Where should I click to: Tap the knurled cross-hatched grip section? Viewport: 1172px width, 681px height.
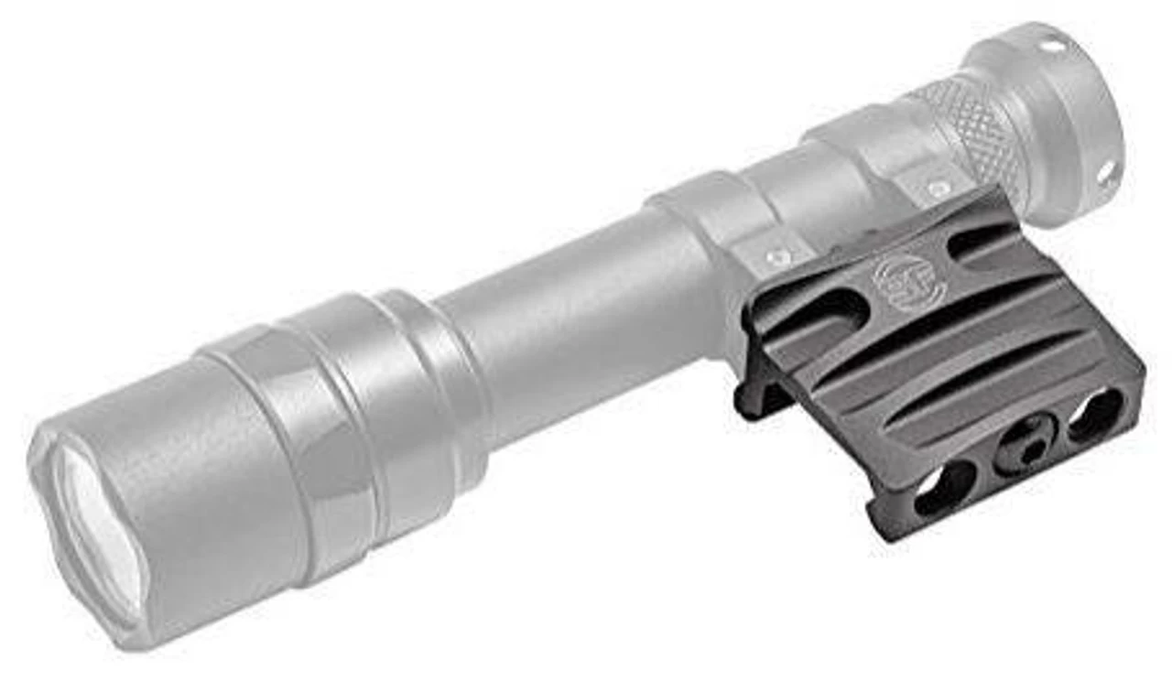[971, 128]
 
